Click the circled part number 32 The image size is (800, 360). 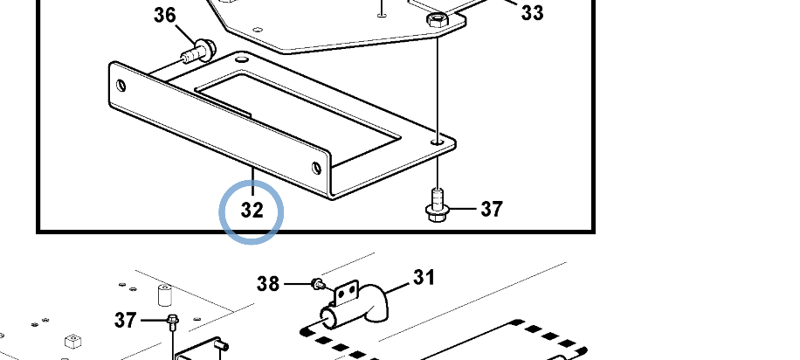[x=252, y=210]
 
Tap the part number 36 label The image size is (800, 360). [x=165, y=16]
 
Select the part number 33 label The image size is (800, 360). [x=532, y=13]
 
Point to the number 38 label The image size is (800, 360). [x=268, y=283]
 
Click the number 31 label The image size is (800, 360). [x=424, y=278]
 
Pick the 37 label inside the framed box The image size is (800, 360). [x=492, y=209]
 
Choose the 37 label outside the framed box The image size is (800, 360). [x=126, y=321]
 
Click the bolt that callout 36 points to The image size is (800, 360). [x=199, y=51]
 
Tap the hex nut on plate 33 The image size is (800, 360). [x=437, y=19]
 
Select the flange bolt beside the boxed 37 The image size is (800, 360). [x=437, y=206]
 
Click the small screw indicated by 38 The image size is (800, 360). [x=319, y=283]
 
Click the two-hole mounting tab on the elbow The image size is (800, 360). [x=347, y=292]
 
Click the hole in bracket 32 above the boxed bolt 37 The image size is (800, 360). [x=437, y=141]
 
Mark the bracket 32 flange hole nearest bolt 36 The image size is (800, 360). [x=121, y=86]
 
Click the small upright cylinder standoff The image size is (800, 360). [x=164, y=295]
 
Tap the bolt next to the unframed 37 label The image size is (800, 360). [x=173, y=322]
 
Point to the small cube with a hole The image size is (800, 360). [x=74, y=341]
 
